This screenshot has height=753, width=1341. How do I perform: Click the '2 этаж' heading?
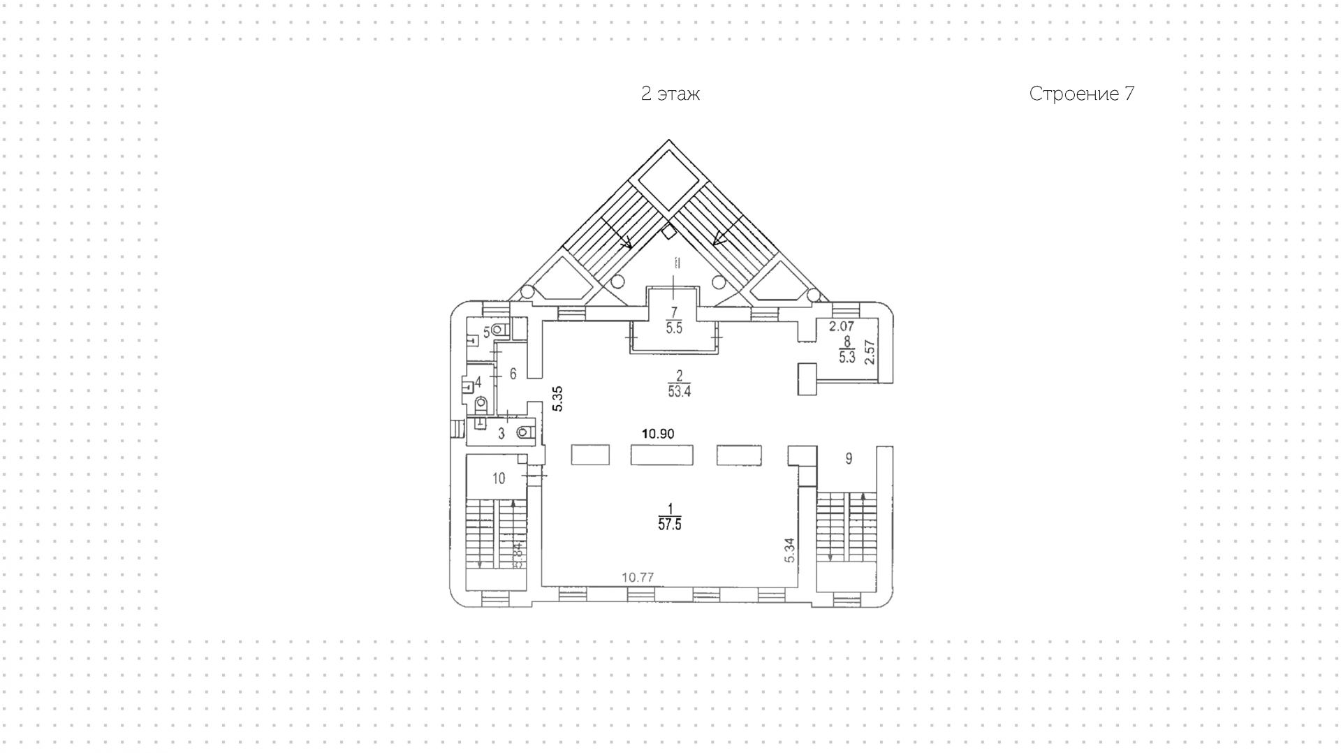(x=670, y=94)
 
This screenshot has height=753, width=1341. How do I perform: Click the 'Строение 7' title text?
(x=1081, y=94)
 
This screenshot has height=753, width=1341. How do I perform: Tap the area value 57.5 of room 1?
(x=669, y=525)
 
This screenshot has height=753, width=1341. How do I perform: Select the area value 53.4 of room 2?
(x=679, y=392)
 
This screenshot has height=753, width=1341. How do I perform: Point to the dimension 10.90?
(x=658, y=434)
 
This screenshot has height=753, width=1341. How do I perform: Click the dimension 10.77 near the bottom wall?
(x=638, y=577)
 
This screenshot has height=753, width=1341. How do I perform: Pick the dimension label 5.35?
(x=557, y=398)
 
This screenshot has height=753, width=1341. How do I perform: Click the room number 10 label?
(x=499, y=478)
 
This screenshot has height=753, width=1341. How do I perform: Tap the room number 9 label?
(x=849, y=458)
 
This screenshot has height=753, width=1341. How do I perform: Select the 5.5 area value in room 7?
(x=674, y=328)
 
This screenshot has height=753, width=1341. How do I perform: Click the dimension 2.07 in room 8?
(x=842, y=326)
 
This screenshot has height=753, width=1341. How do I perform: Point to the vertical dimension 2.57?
(x=870, y=352)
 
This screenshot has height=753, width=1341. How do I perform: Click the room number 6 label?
(x=513, y=374)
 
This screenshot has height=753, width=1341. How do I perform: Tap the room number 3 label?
(x=501, y=434)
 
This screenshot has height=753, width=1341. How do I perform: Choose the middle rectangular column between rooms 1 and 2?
(x=661, y=455)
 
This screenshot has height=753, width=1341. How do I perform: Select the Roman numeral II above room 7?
(x=676, y=263)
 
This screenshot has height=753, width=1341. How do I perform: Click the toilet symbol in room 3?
(x=524, y=432)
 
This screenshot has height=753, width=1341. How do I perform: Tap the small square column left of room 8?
(x=807, y=379)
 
